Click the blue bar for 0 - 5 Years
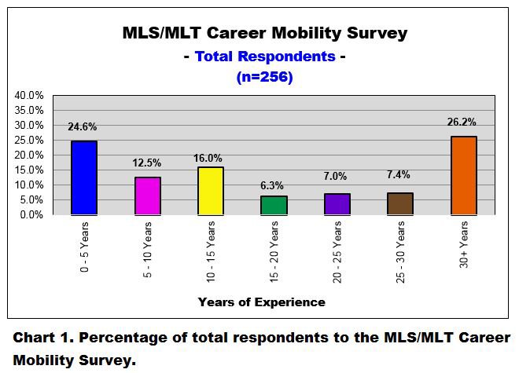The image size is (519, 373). pos(83,177)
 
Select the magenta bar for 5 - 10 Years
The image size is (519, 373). pos(147,196)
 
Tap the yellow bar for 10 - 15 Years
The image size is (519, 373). pos(211,190)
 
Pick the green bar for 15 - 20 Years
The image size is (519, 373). pos(274,205)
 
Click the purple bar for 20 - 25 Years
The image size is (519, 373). pos(337,204)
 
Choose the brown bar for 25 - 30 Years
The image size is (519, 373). pos(400,203)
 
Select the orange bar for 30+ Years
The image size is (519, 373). pos(464,175)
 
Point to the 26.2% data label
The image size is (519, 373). pos(464,123)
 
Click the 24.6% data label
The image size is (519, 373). pos(83,127)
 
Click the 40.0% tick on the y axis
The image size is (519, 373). pos(29,95)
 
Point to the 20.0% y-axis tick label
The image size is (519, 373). pos(29,155)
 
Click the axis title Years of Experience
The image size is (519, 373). pos(261,302)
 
